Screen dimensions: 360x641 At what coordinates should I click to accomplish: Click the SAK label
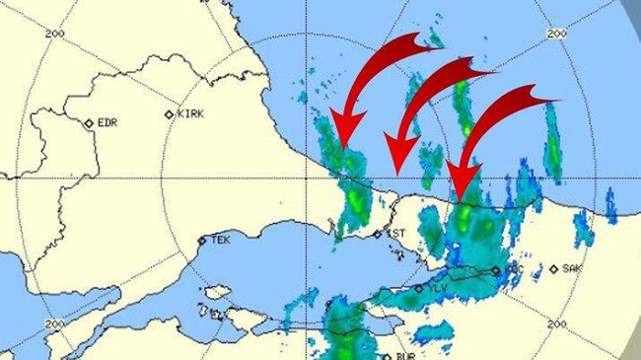573,268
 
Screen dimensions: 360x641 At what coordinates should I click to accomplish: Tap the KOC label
512,268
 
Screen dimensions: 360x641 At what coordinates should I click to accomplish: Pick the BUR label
408,356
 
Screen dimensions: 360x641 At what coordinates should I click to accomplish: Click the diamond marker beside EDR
88,123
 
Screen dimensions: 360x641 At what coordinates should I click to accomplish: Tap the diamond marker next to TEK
201,240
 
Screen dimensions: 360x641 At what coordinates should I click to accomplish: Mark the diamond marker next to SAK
554,268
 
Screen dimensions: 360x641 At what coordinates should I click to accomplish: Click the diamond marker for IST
377,235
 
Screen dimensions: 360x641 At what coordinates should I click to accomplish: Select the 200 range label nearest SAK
555,324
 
